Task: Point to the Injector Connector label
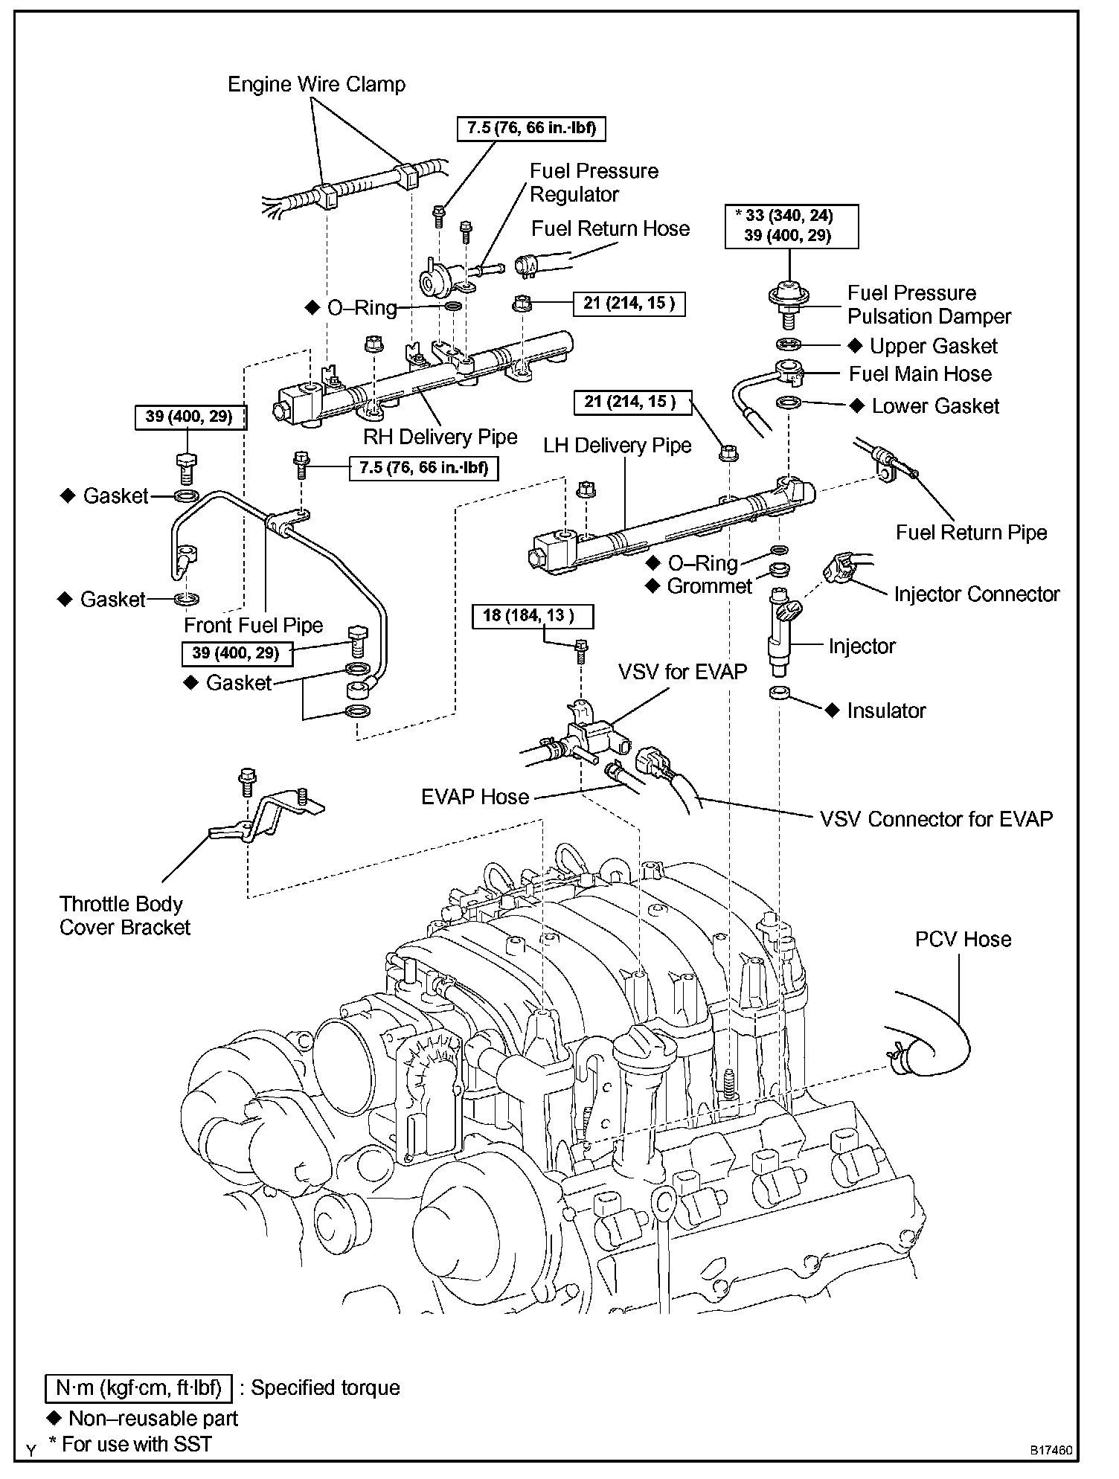point(976,594)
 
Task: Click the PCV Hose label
point(963,939)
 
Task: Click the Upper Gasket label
point(933,346)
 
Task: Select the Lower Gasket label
point(935,405)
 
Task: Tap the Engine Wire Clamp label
point(316,84)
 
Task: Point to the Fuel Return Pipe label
point(971,532)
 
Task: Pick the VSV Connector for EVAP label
point(936,819)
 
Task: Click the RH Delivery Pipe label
point(440,437)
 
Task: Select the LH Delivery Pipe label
point(617,445)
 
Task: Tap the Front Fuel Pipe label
point(253,625)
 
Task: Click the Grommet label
point(709,586)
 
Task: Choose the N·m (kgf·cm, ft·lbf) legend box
point(139,1387)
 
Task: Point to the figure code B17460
point(1051,1451)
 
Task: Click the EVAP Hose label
point(475,797)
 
